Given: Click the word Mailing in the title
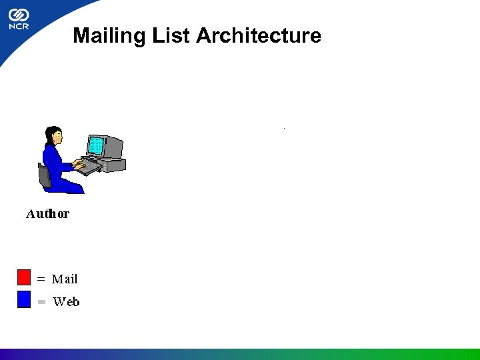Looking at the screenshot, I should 109,35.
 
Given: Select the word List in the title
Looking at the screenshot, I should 171,35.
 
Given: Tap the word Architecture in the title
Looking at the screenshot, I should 259,35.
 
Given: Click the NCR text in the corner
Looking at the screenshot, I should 18,27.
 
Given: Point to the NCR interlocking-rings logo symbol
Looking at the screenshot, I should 18,14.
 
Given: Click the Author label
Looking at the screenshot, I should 47,214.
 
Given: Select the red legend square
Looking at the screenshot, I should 24,277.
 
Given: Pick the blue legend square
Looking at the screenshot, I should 24,300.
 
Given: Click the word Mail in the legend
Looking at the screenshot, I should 65,279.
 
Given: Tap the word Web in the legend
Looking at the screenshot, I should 66,302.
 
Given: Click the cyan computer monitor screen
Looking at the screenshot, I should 97,145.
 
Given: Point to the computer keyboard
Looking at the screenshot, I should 89,167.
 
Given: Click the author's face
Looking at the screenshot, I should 58,136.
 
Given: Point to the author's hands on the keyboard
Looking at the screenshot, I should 79,164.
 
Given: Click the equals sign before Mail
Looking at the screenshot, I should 41,279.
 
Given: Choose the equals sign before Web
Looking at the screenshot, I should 41,302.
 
